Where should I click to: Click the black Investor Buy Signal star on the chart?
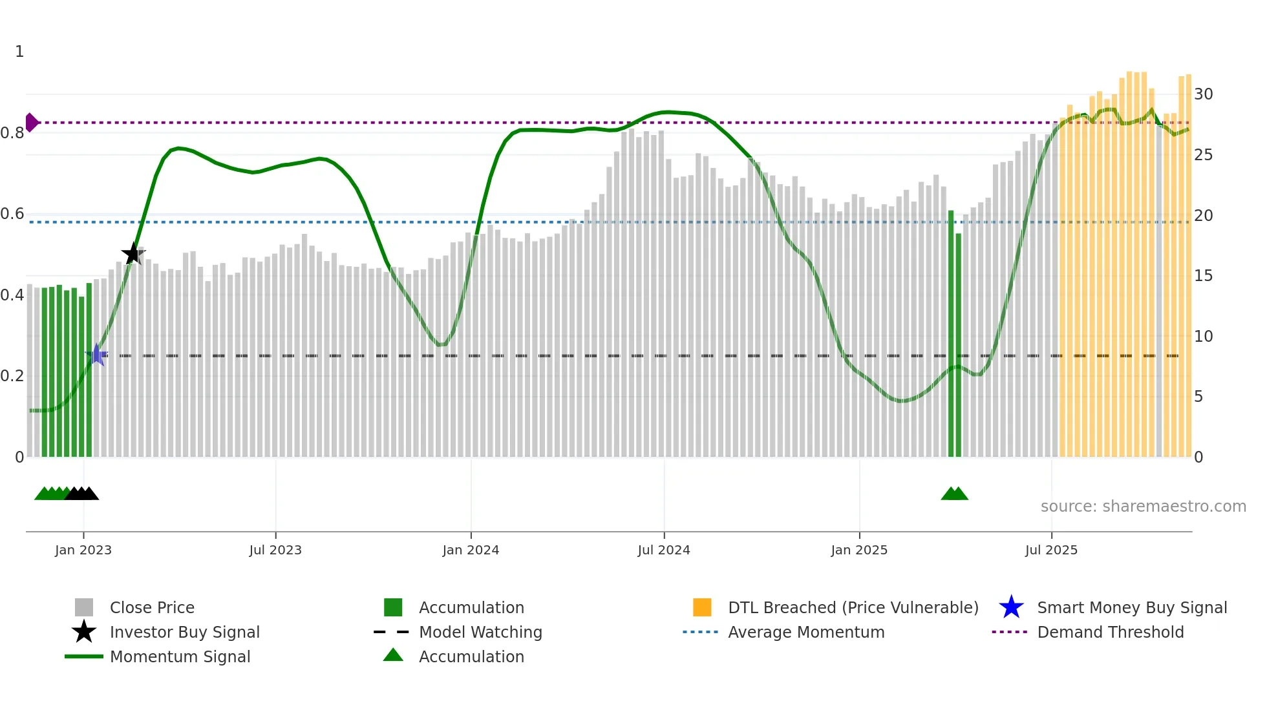pyautogui.click(x=133, y=254)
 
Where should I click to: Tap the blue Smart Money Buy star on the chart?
pyautogui.click(x=97, y=355)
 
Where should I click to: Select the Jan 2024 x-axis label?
pyautogui.click(x=471, y=550)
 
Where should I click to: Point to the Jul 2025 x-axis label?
pyautogui.click(x=1051, y=550)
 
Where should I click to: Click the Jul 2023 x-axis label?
pyautogui.click(x=275, y=550)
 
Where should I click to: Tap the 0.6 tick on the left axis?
pyautogui.click(x=12, y=214)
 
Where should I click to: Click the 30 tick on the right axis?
pyautogui.click(x=1203, y=94)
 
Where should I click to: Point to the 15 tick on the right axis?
pyautogui.click(x=1203, y=276)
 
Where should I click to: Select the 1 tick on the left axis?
pyautogui.click(x=19, y=52)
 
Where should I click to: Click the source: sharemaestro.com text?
pyautogui.click(x=1143, y=507)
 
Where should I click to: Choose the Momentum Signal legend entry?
pyautogui.click(x=180, y=656)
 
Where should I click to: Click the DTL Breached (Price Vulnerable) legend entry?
pyautogui.click(x=853, y=607)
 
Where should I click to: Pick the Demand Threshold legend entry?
pyautogui.click(x=1110, y=632)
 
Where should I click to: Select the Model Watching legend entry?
pyautogui.click(x=480, y=632)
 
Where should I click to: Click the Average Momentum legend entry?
pyautogui.click(x=806, y=632)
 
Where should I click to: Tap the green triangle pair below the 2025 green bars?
pyautogui.click(x=954, y=494)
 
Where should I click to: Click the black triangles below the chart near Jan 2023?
pyautogui.click(x=82, y=494)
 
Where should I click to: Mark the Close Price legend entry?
pyautogui.click(x=152, y=607)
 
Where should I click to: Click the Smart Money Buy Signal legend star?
pyautogui.click(x=1011, y=607)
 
